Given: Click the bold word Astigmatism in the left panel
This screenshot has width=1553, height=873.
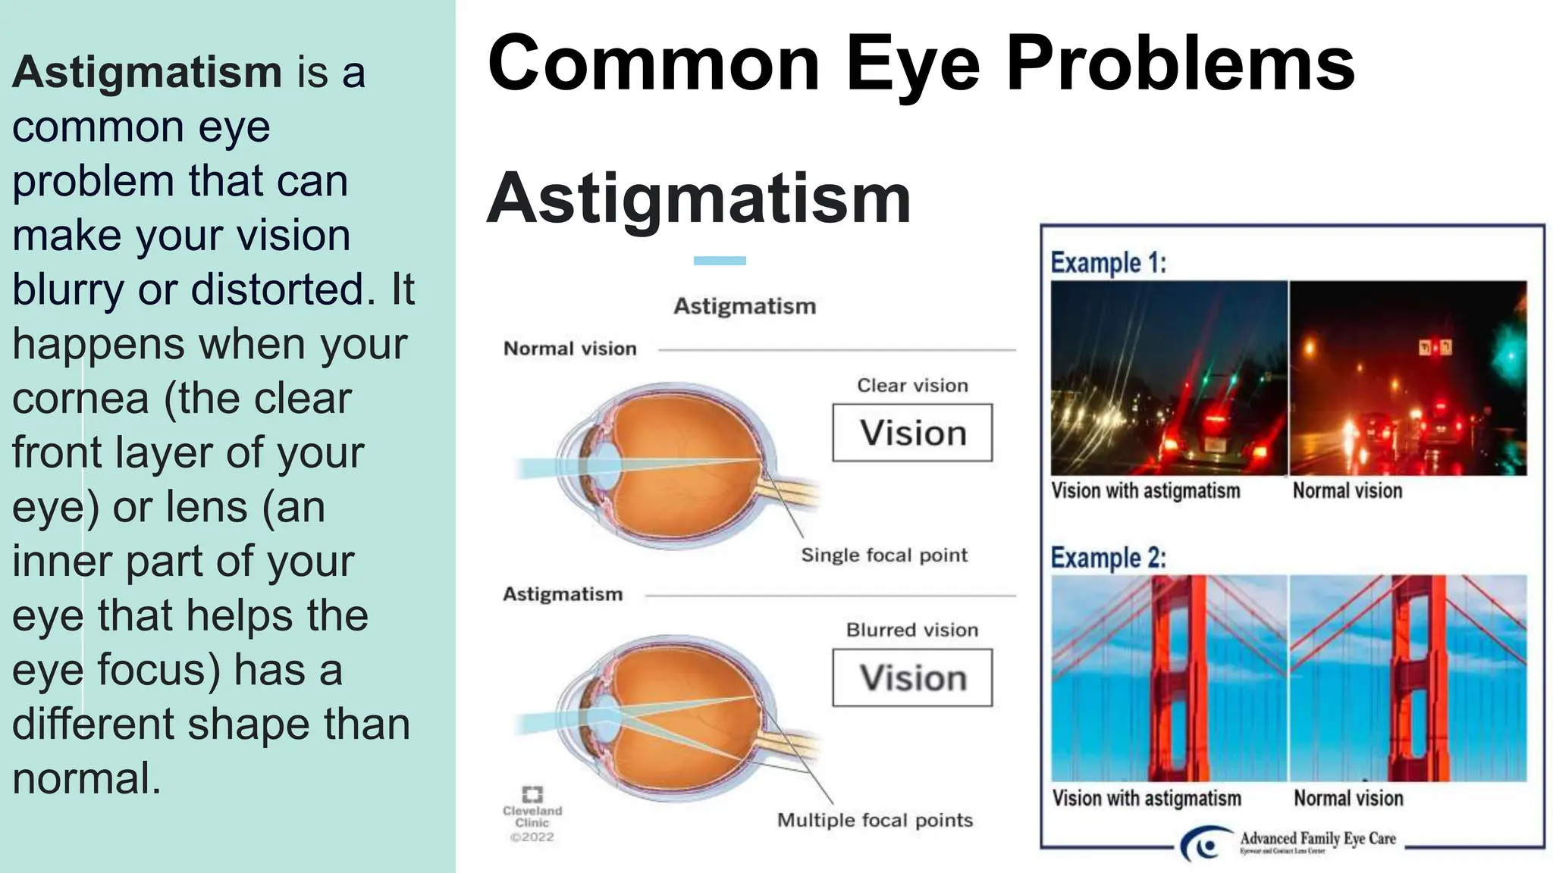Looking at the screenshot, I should pos(147,73).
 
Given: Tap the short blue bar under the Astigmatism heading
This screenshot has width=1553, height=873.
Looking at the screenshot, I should pos(720,261).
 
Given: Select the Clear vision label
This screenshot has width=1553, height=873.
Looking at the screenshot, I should pos(912,386).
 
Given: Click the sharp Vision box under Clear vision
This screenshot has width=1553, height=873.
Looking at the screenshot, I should pos(912,433).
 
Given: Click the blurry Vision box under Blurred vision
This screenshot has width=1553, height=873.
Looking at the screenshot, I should pos(912,677).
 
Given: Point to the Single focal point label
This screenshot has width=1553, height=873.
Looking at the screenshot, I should pos(884,555).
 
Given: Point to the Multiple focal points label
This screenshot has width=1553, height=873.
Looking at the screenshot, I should pos(874,820).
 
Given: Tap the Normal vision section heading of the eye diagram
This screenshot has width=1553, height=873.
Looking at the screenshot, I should pos(570,349).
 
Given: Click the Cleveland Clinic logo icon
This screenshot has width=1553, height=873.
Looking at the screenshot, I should pos(532,794).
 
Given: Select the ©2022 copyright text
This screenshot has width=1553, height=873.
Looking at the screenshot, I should pos(532,837).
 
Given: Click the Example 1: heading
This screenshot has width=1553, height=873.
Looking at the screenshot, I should pos(1108,263).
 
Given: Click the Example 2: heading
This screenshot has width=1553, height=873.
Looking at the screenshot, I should pos(1108,558).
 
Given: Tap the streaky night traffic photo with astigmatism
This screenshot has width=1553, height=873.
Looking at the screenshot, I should pos(1169,378).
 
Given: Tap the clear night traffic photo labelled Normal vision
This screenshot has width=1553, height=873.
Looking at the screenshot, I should pos(1408,378).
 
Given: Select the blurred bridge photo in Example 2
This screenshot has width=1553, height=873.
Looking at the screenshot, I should pos(1169,677).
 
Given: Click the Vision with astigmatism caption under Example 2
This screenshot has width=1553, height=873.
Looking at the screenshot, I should pos(1146,798).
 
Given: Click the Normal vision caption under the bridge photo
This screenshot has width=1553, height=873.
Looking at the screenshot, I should pos(1348,798).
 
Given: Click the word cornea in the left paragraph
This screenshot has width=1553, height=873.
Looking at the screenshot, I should pos(80,399).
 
